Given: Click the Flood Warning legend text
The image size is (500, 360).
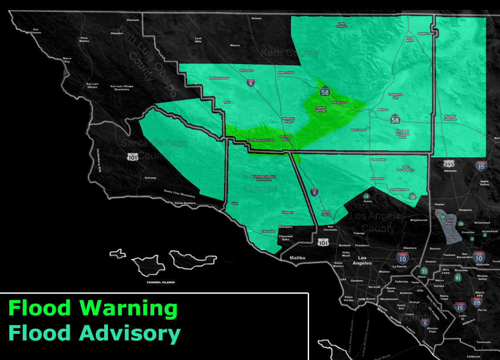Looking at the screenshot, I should point(93,308).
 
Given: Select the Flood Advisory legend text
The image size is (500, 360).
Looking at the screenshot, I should point(94,333).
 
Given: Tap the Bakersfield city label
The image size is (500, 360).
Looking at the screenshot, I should point(286,72).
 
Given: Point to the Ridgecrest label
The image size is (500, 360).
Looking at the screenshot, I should point(426,34).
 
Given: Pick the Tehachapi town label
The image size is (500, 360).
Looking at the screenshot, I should point(338,102).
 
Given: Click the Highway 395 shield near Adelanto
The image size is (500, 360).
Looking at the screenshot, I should point(449,163).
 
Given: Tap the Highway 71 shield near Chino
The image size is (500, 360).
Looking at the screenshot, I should point(424,271).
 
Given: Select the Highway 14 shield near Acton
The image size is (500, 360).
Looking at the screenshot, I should point(367,196).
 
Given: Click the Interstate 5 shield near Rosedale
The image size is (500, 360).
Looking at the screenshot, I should point(251,83).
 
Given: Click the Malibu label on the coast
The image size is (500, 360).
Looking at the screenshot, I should point(298,258).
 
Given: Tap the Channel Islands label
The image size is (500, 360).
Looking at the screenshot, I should point(161,282).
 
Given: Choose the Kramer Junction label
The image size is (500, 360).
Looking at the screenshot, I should point(450,117).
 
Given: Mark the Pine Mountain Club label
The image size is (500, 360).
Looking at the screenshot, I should point(260,140).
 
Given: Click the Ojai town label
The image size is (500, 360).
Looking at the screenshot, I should point(235,203).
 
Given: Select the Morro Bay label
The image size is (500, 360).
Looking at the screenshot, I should point(67,60).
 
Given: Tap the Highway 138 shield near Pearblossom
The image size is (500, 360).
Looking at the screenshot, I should point(413,197).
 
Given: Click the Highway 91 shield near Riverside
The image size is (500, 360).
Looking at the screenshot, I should point(458,278).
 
